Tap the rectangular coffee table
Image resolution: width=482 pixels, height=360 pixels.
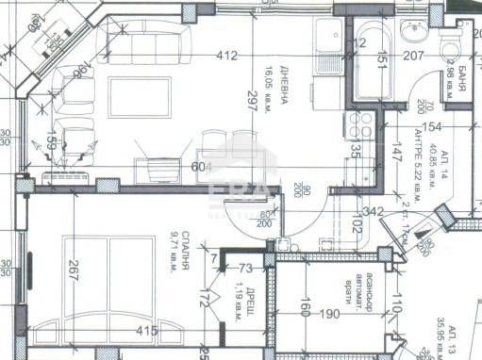[141, 96]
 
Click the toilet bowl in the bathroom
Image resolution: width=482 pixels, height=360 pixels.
[452, 42]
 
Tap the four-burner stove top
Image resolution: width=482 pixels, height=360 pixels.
[359, 123]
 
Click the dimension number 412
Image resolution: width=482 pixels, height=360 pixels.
[226, 56]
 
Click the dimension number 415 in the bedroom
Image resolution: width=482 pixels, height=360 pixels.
[146, 332]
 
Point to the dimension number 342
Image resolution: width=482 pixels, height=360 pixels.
[372, 211]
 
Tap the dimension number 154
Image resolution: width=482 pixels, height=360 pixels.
[432, 127]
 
